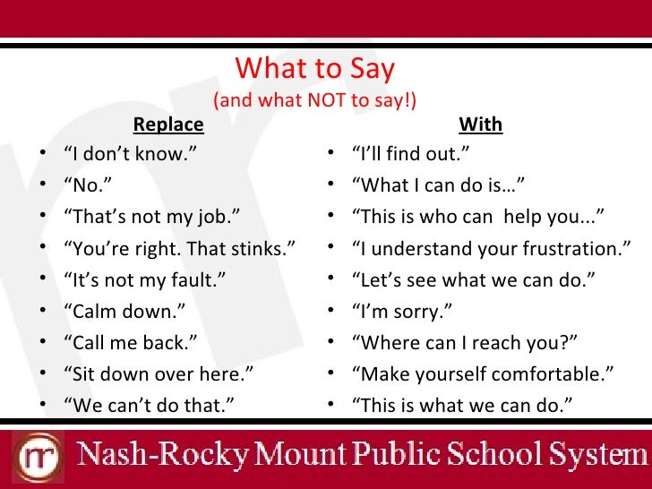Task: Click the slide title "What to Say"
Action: (314, 70)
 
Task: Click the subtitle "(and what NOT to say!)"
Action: (315, 100)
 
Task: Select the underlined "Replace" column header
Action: (168, 124)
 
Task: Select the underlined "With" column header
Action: (480, 124)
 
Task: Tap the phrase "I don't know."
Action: (129, 154)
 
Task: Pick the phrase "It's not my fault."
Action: (144, 279)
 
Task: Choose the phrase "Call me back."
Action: (130, 342)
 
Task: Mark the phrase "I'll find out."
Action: (411, 154)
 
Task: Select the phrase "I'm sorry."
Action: (401, 311)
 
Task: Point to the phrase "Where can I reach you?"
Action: (466, 342)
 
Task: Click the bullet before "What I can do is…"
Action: (330, 185)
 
